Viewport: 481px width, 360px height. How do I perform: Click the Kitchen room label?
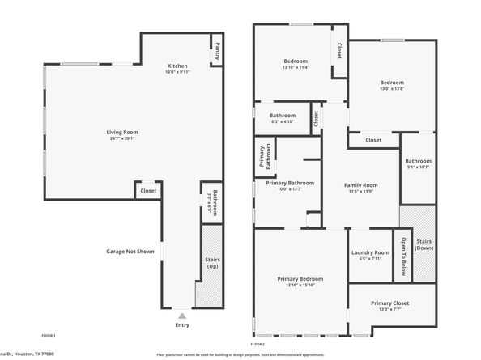pyautogui.click(x=177, y=66)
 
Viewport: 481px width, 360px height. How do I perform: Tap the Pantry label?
pyautogui.click(x=217, y=51)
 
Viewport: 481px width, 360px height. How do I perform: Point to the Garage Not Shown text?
pyautogui.click(x=130, y=252)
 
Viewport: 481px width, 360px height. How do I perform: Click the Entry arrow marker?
pyautogui.click(x=181, y=316)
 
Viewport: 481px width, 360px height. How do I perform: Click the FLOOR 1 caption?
pyautogui.click(x=49, y=335)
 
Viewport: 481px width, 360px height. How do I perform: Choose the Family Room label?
pyautogui.click(x=361, y=185)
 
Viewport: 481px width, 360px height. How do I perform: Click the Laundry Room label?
pyautogui.click(x=370, y=252)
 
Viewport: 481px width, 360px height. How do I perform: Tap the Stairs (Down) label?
pyautogui.click(x=424, y=244)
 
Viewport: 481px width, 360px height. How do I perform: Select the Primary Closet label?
pyautogui.click(x=389, y=303)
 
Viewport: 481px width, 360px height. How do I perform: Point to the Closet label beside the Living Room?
pyautogui.click(x=148, y=191)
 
